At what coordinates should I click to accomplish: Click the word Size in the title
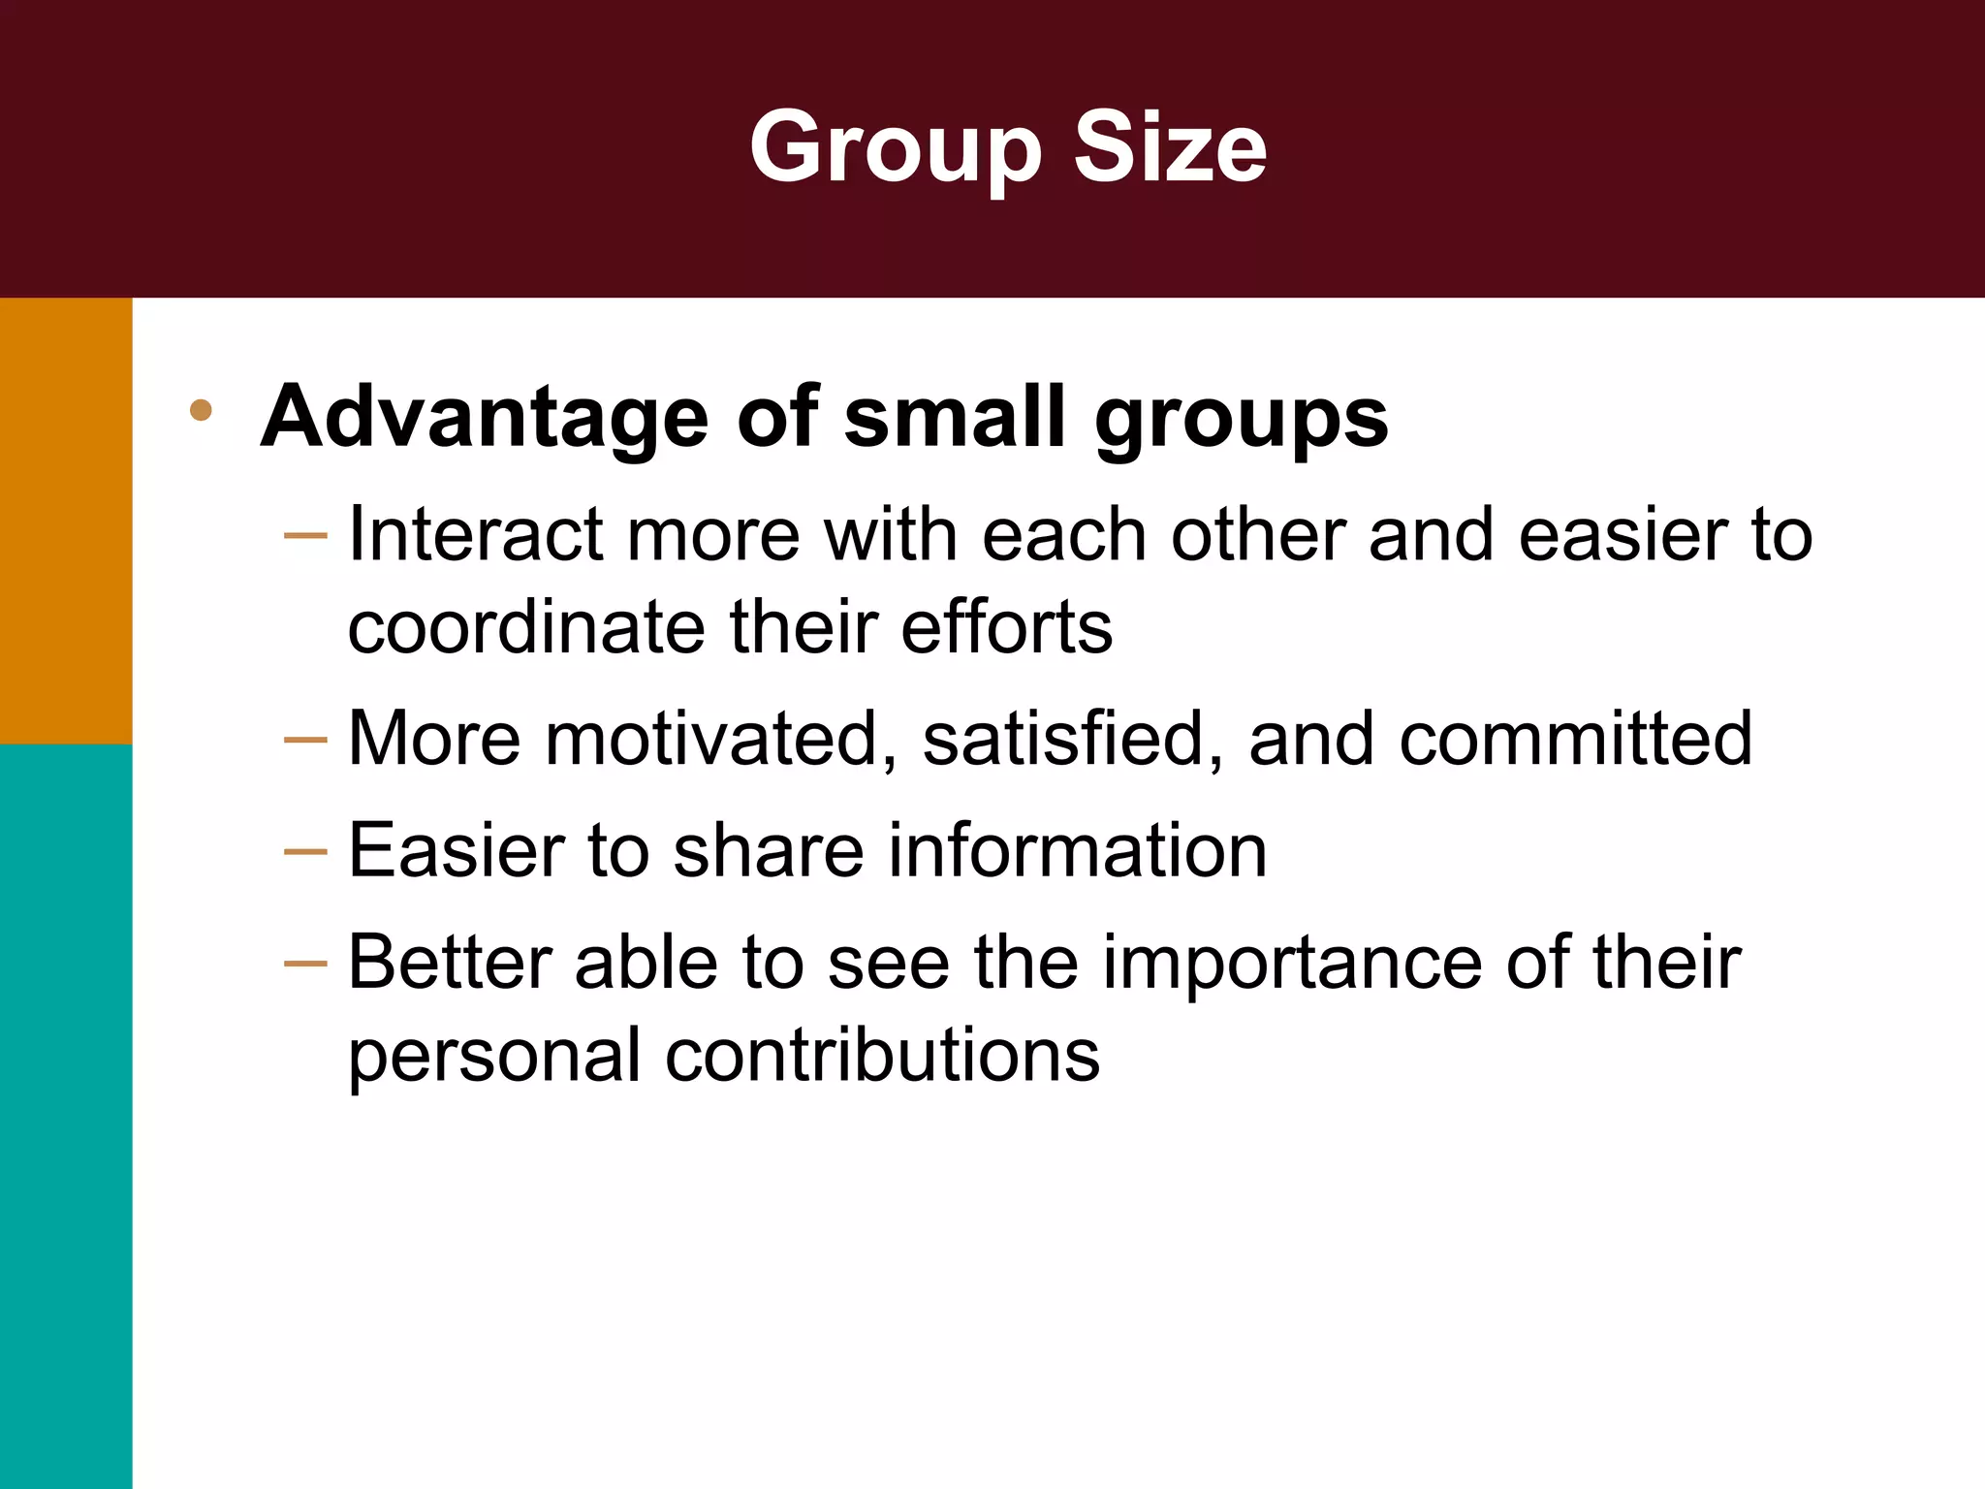pyautogui.click(x=1170, y=147)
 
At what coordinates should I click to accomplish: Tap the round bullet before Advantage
pyautogui.click(x=201, y=410)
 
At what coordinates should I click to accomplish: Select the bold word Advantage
pyautogui.click(x=486, y=417)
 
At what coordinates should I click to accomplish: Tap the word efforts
pyautogui.click(x=1007, y=627)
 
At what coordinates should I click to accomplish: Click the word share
pyautogui.click(x=768, y=850)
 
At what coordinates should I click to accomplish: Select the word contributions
pyautogui.click(x=882, y=1055)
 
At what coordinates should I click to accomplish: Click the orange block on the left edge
pyautogui.click(x=66, y=521)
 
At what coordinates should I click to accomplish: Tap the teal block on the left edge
pyautogui.click(x=66, y=1115)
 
